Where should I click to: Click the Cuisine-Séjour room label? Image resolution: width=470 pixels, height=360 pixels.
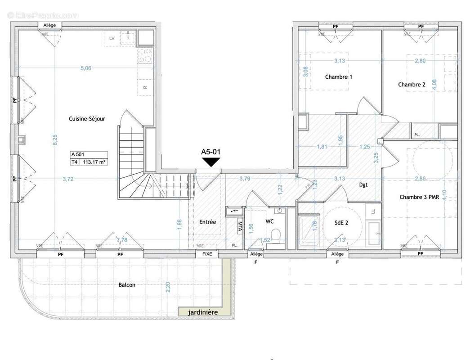pos(87,119)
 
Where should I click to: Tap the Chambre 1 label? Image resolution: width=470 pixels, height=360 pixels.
pos(338,77)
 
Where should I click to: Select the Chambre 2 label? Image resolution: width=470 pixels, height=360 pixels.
pos(412,85)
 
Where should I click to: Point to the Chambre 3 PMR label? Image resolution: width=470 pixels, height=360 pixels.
pos(418,197)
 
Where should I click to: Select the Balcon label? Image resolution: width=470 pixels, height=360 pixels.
pos(127,284)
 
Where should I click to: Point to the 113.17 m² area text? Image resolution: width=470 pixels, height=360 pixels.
pos(94,163)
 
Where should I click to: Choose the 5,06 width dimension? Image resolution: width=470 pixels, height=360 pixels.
pos(85,68)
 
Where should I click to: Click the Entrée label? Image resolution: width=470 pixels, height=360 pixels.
pos(207,222)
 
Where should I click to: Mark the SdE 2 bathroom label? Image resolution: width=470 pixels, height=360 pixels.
pos(341,222)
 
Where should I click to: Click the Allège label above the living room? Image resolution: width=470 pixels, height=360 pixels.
pos(49,25)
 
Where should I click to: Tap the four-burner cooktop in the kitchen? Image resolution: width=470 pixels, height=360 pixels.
pos(145,56)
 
